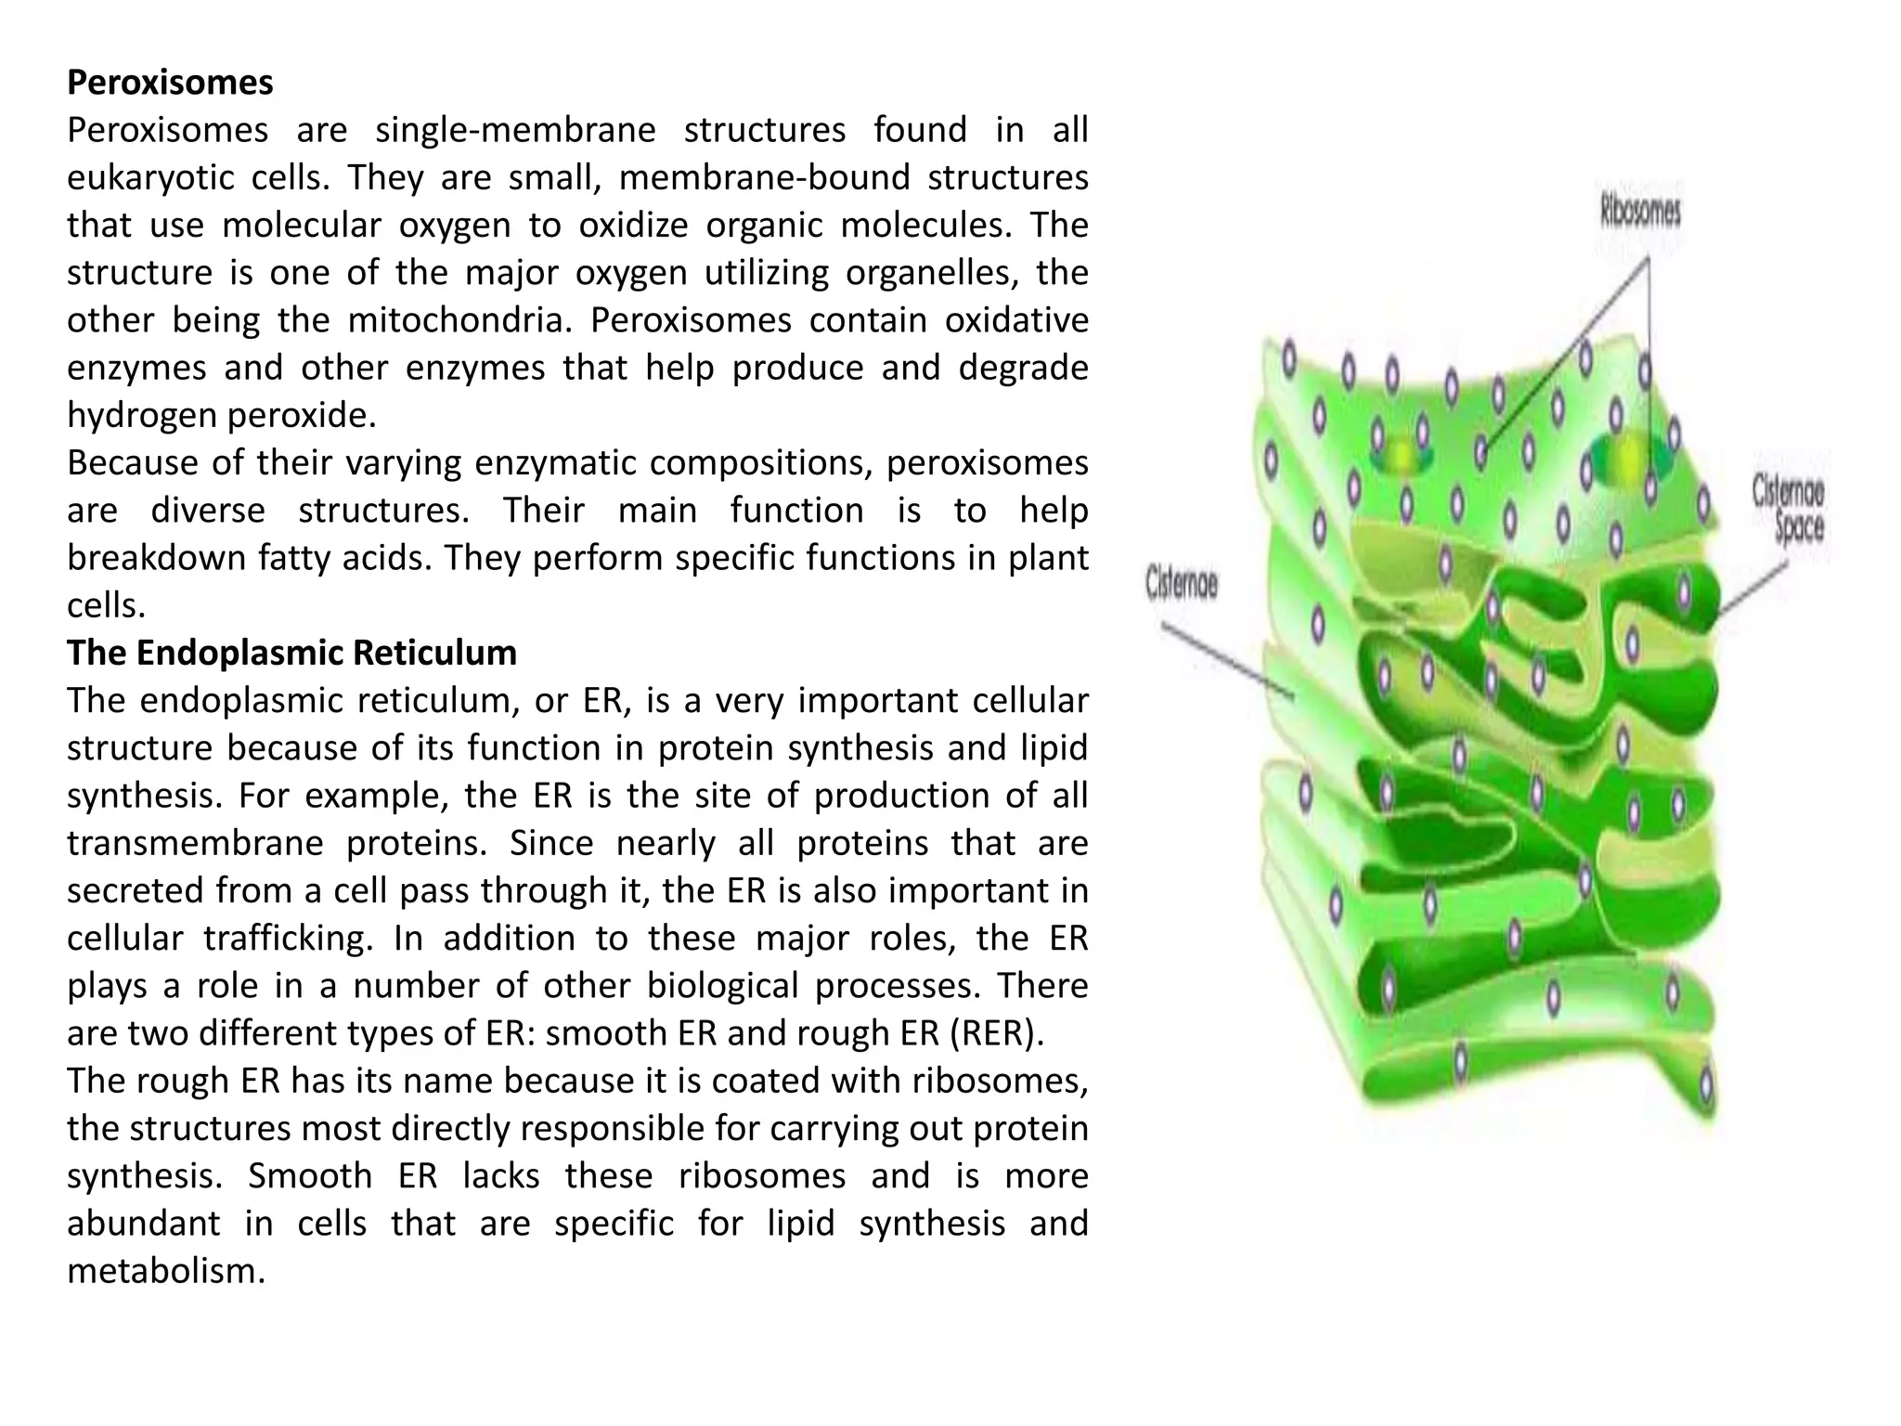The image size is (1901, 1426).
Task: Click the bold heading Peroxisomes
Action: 170,83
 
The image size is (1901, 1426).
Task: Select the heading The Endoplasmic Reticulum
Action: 291,653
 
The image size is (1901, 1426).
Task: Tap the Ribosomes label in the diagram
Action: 1640,212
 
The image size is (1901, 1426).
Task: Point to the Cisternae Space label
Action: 1788,508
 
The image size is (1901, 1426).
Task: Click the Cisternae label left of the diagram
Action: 1181,584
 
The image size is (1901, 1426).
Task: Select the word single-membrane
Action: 515,130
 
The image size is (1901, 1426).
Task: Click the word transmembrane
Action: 195,843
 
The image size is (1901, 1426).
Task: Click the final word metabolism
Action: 166,1271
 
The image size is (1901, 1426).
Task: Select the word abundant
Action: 143,1224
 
